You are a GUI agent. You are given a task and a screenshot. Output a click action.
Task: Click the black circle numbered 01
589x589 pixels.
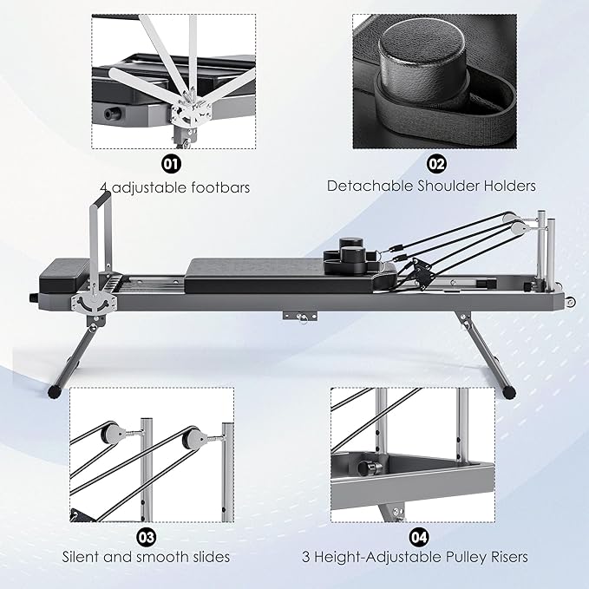[x=171, y=164]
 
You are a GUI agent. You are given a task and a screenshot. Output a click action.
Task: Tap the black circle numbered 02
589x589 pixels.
[x=436, y=164]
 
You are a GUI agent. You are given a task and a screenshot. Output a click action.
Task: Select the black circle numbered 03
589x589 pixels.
[x=146, y=538]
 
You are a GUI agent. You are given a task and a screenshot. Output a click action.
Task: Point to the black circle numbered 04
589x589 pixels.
[x=418, y=538]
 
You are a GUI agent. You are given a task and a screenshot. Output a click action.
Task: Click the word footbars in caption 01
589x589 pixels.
[x=220, y=187]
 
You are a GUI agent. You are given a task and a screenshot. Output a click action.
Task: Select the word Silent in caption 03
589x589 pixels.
[x=81, y=557]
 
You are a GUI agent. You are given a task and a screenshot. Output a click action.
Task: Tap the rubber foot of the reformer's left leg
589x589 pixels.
[x=55, y=392]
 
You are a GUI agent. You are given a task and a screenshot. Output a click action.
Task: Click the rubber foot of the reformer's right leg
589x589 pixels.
[x=510, y=393]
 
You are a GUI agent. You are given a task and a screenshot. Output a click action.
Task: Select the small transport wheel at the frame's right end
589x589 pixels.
[x=571, y=303]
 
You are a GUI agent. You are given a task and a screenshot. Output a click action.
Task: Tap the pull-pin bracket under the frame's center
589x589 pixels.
[x=300, y=316]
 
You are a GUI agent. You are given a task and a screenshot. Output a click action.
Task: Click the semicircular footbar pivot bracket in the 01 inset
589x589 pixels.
[x=191, y=115]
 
